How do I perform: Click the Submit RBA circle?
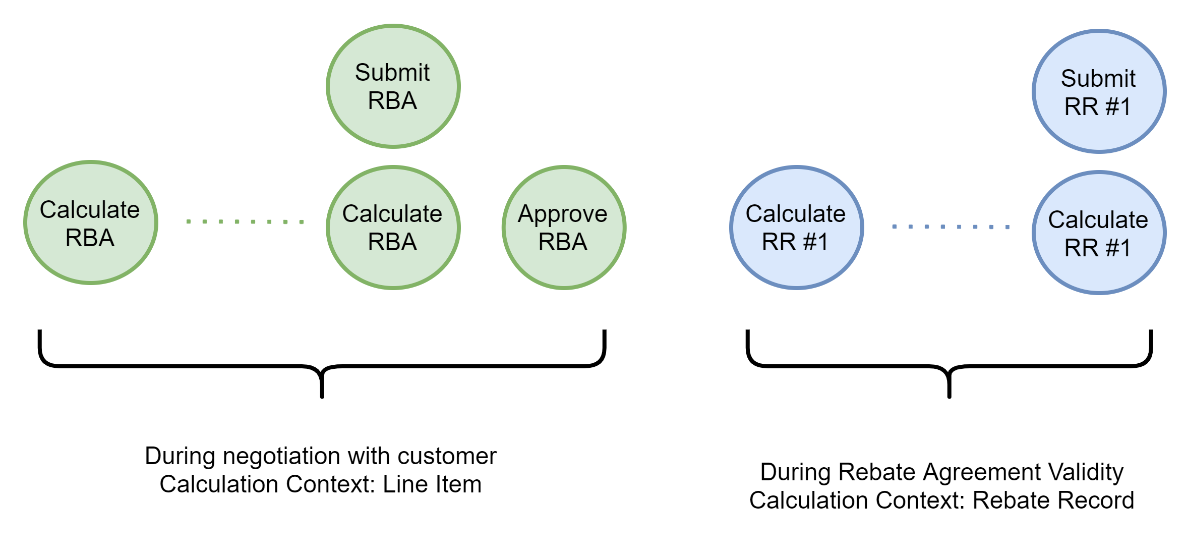pyautogui.click(x=393, y=86)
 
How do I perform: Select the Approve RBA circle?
pyautogui.click(x=564, y=228)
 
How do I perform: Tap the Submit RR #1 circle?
pyautogui.click(x=1099, y=91)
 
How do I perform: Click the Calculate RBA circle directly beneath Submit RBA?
pyautogui.click(x=393, y=228)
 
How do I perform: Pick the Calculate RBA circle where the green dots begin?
pyautogui.click(x=91, y=222)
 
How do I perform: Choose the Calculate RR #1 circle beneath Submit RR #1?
pyautogui.click(x=1099, y=233)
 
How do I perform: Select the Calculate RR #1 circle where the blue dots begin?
pyautogui.click(x=796, y=228)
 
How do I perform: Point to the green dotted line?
pyautogui.click(x=245, y=221)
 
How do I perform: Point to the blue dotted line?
pyautogui.click(x=951, y=227)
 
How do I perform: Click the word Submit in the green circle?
pyautogui.click(x=392, y=73)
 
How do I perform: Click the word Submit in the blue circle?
pyautogui.click(x=1098, y=79)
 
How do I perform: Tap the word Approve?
pyautogui.click(x=562, y=214)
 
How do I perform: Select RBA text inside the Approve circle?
pyautogui.click(x=563, y=242)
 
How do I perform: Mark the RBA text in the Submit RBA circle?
pyautogui.click(x=392, y=101)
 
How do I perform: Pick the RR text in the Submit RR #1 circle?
pyautogui.click(x=1081, y=107)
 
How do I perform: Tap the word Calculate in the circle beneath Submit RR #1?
pyautogui.click(x=1098, y=220)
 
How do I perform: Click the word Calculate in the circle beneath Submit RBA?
pyautogui.click(x=392, y=214)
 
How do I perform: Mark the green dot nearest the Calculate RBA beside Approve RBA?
pyautogui.click(x=302, y=222)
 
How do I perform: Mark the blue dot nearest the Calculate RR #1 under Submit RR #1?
pyautogui.click(x=1007, y=227)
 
